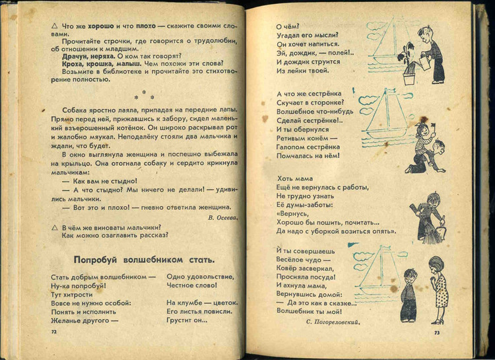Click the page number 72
tap(53, 331)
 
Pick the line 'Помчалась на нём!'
tap(308, 156)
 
